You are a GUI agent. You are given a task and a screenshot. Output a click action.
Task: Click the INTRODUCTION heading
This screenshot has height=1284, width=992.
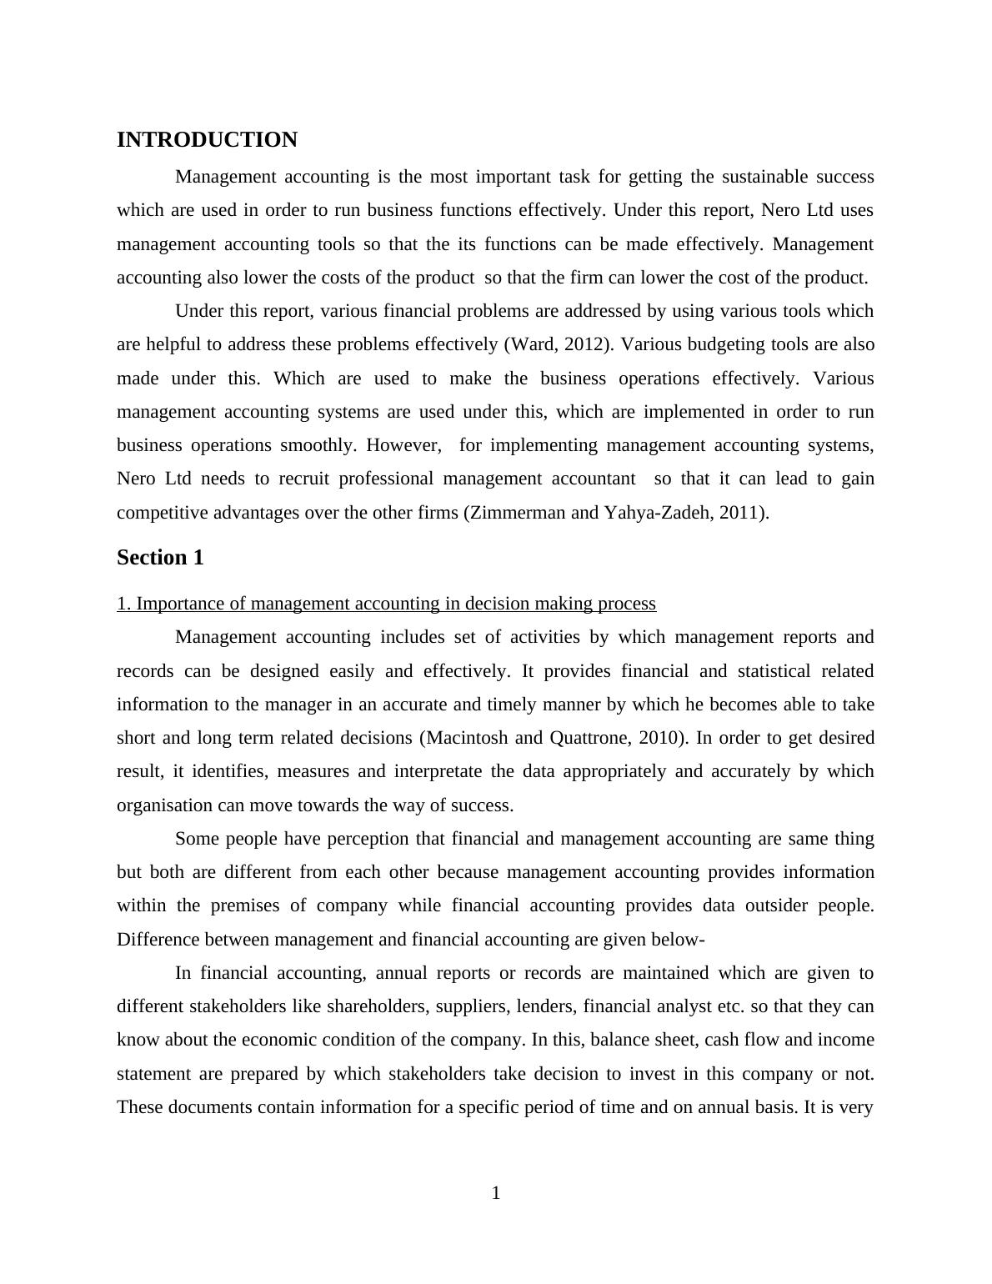207,140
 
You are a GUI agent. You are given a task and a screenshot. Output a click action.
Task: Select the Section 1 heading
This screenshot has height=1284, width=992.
160,558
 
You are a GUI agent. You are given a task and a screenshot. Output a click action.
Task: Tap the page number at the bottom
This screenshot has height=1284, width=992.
496,1193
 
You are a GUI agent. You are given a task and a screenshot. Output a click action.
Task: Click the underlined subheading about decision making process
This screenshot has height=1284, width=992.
386,604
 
